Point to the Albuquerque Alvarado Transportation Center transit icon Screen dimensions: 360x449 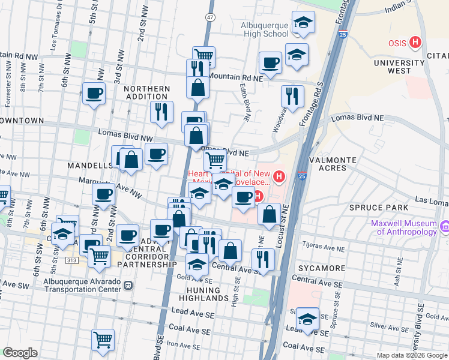[x=128, y=286]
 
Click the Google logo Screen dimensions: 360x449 [x=20, y=353]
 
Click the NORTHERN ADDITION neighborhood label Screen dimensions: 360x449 [x=146, y=92]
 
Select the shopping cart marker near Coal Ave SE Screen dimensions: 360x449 [x=103, y=339]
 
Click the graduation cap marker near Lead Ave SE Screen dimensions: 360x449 [x=307, y=318]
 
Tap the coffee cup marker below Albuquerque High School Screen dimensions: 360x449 [x=270, y=62]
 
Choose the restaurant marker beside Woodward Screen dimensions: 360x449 [x=292, y=95]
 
